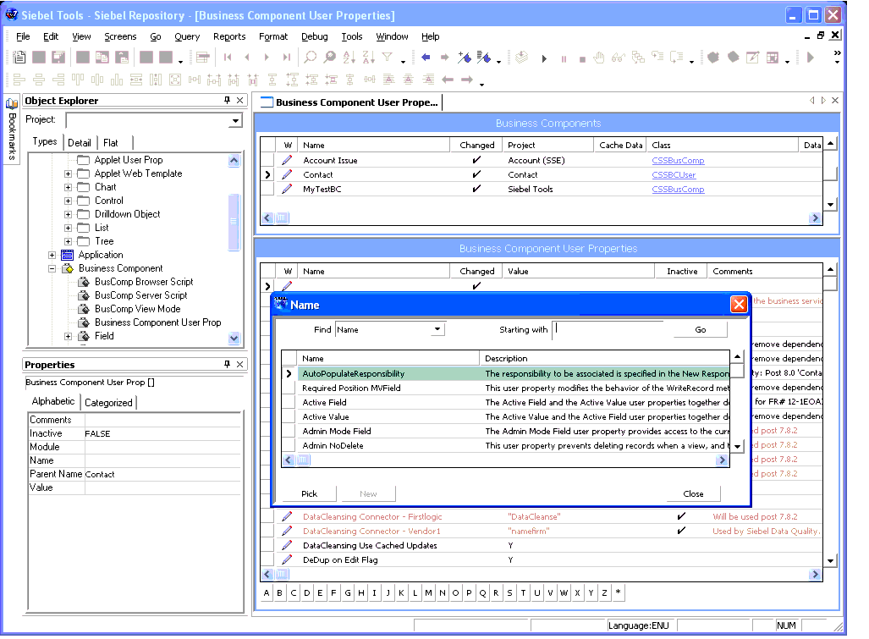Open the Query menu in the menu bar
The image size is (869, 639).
click(x=187, y=36)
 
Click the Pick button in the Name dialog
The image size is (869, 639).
click(x=309, y=493)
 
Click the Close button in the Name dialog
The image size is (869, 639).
click(x=693, y=493)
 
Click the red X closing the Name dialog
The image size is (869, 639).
click(x=739, y=304)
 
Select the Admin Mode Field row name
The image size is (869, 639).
click(x=337, y=432)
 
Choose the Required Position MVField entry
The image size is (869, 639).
click(x=351, y=388)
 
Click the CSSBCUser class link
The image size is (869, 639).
click(x=674, y=175)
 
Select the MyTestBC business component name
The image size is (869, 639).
click(x=322, y=190)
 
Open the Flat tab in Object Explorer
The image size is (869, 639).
click(x=111, y=143)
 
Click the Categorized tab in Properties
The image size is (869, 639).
click(x=108, y=403)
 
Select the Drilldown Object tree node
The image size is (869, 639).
click(x=127, y=214)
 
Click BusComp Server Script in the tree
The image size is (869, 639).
click(x=140, y=295)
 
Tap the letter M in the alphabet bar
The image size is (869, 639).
click(x=429, y=593)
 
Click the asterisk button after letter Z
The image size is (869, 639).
click(x=618, y=593)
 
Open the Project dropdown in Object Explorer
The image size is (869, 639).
click(x=235, y=121)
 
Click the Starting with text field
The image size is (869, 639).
click(x=613, y=329)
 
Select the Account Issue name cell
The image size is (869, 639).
click(x=330, y=161)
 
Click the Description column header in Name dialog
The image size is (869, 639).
click(x=506, y=359)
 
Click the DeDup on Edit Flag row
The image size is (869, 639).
click(x=340, y=560)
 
